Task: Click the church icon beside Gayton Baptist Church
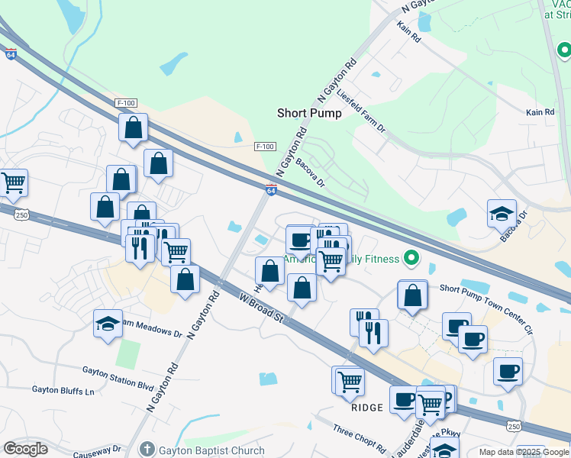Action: coord(148,450)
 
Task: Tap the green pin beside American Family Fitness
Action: coord(412,258)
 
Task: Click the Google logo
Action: coord(26,449)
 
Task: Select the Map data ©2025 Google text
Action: coord(524,452)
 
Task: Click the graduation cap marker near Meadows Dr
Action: coord(108,324)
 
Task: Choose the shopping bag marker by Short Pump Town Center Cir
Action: coord(412,295)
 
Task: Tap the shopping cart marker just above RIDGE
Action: coord(350,380)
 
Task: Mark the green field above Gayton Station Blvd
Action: coord(128,353)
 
